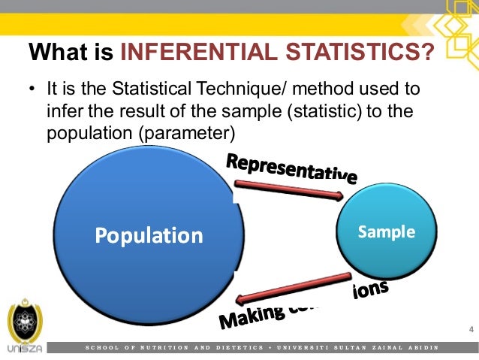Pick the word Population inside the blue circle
[x=149, y=236]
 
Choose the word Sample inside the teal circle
[x=386, y=231]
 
